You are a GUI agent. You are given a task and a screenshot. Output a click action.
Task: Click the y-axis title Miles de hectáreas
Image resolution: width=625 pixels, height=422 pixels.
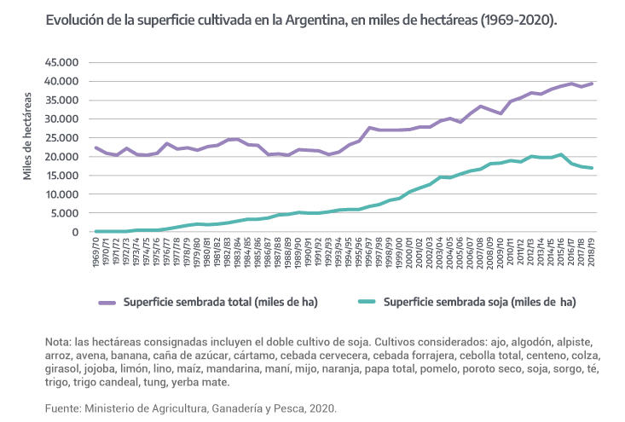coord(28,136)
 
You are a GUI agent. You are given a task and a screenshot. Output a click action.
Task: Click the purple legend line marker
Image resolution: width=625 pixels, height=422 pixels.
coord(107,303)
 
